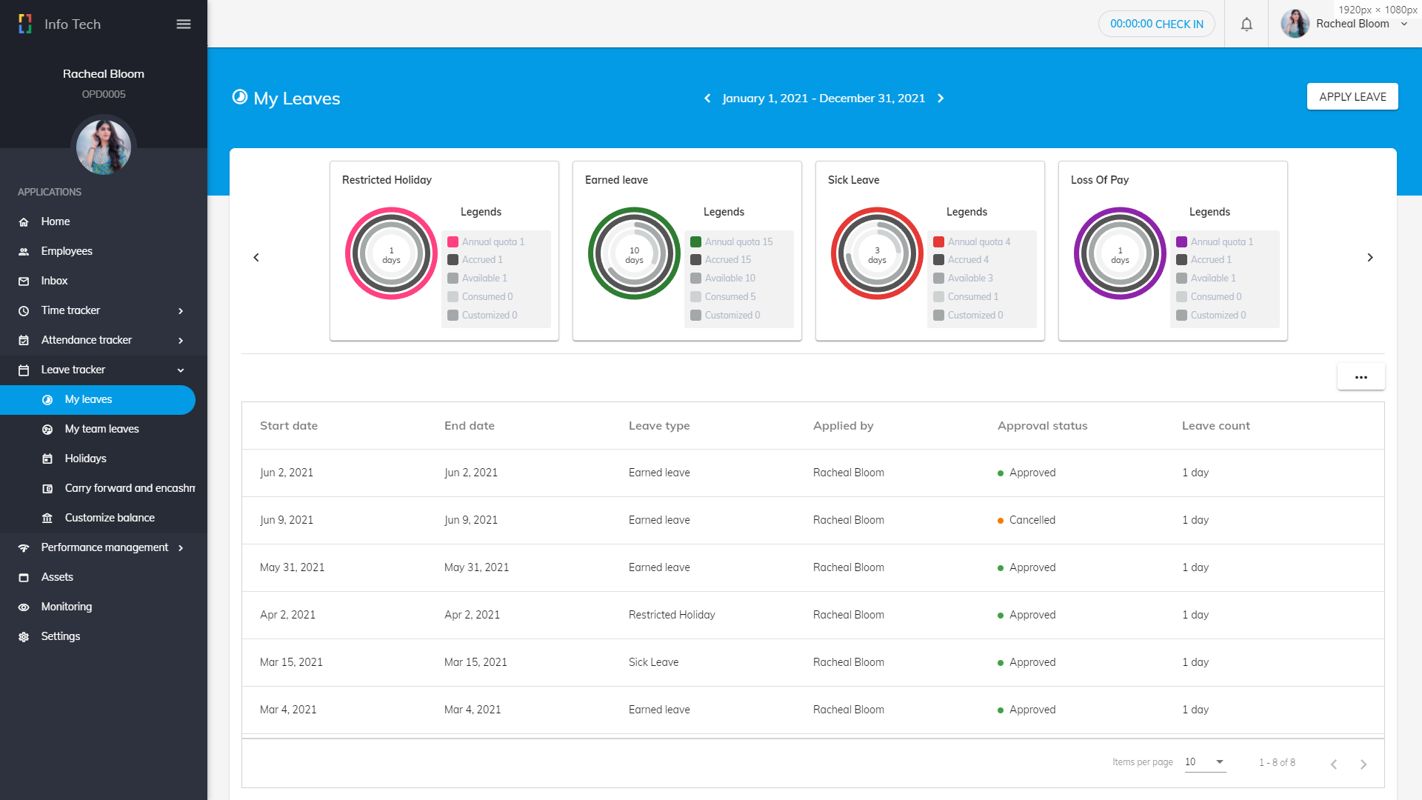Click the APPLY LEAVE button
1352,97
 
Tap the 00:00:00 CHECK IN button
1156,24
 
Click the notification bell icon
1246,24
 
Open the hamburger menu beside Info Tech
184,24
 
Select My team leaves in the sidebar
101,429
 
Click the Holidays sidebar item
85,459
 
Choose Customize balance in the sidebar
110,518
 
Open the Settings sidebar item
60,636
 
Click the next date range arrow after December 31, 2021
941,99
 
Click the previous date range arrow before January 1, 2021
707,99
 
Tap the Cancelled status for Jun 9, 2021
1031,520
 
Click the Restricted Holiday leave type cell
671,615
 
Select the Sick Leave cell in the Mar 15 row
653,662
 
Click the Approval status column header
1042,426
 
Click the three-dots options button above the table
1361,377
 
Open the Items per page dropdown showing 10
1204,762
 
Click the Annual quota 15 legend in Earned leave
738,241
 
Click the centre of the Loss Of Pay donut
1120,254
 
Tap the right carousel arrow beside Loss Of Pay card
1369,258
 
